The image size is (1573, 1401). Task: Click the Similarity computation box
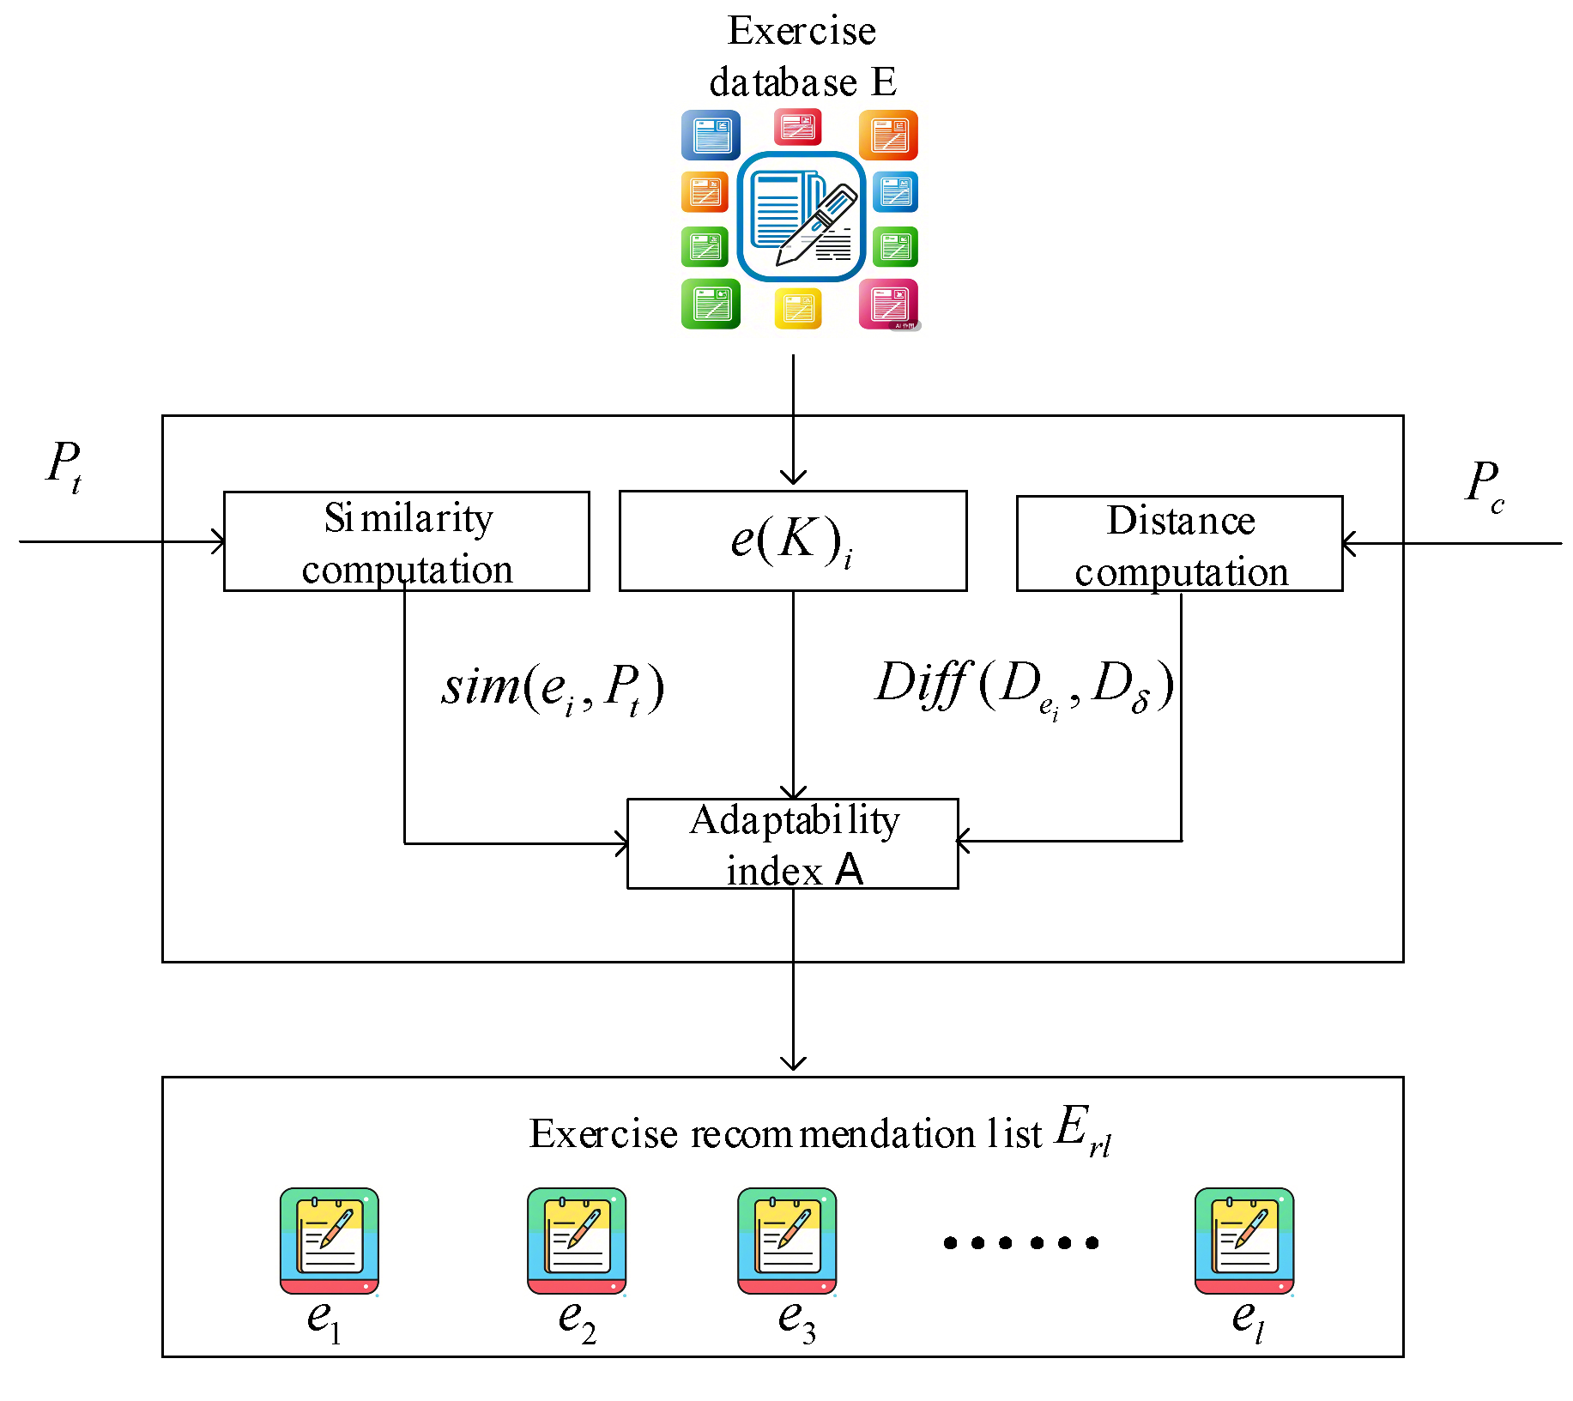point(406,541)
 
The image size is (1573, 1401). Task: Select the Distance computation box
point(1179,544)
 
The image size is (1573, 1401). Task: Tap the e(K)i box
point(792,540)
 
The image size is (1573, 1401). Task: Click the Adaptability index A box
point(792,843)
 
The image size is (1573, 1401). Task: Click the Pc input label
point(1484,485)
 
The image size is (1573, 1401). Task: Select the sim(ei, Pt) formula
point(553,688)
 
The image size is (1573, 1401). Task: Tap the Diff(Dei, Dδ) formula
point(1024,686)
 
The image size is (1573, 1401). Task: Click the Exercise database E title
point(802,57)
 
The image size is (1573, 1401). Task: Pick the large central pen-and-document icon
point(802,217)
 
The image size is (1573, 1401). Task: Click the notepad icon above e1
point(330,1240)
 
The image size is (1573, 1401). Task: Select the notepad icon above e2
point(577,1240)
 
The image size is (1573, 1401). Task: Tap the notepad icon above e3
point(787,1240)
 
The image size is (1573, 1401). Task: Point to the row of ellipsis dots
point(1020,1242)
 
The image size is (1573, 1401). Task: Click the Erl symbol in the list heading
point(1082,1131)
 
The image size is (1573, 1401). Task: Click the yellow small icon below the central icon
point(798,308)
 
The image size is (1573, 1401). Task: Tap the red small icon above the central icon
point(798,128)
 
